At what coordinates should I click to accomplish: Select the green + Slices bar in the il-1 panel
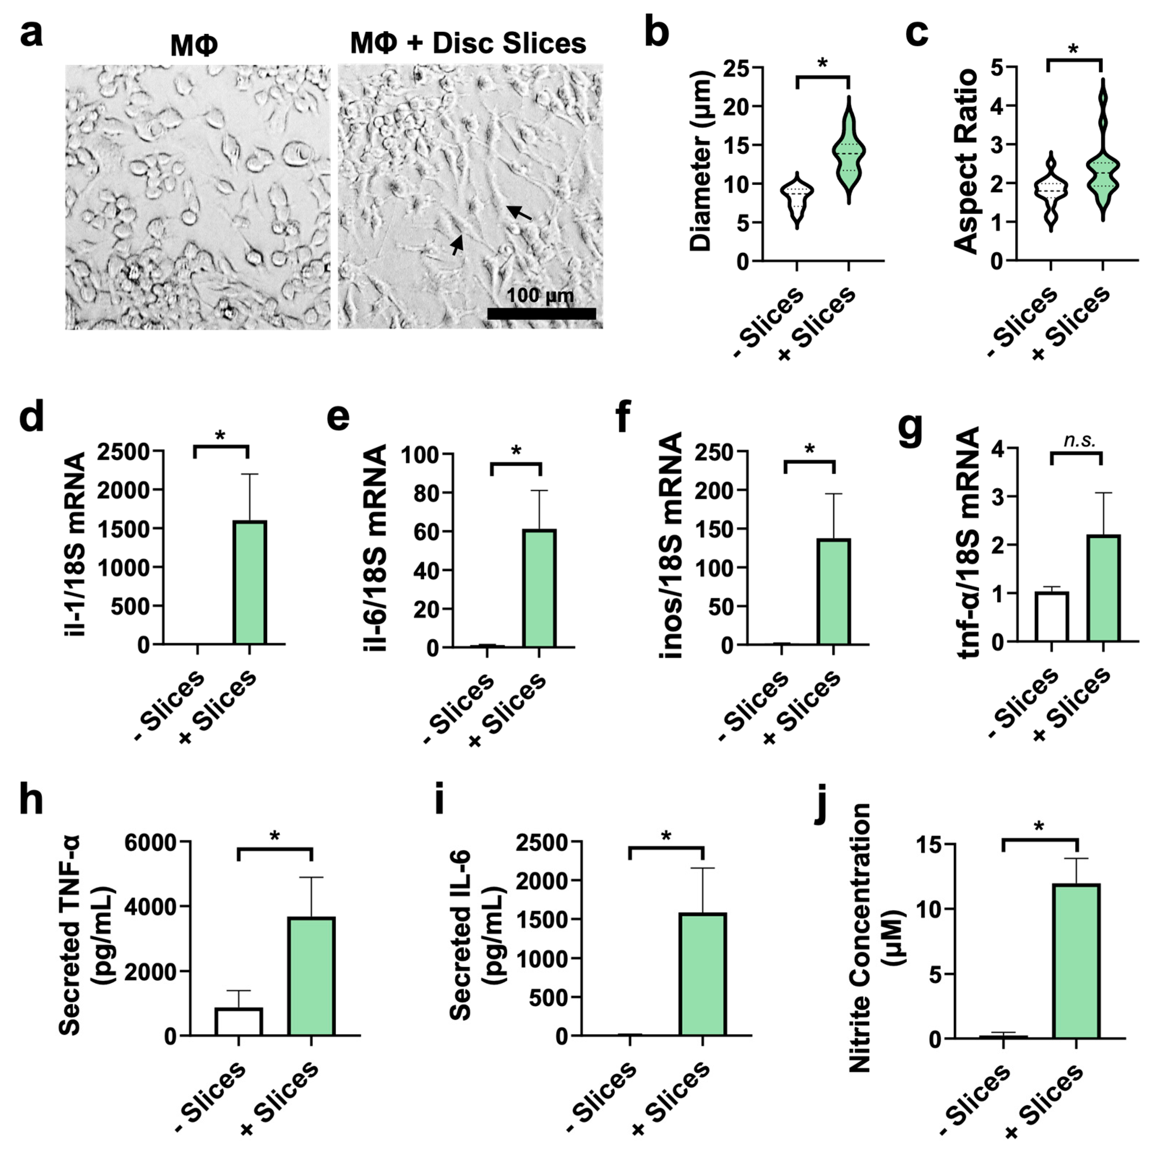[x=250, y=582]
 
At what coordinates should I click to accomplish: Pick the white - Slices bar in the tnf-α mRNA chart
[x=1052, y=617]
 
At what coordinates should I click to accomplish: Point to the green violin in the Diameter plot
[x=848, y=153]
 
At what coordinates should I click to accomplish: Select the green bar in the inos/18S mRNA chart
[x=833, y=591]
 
